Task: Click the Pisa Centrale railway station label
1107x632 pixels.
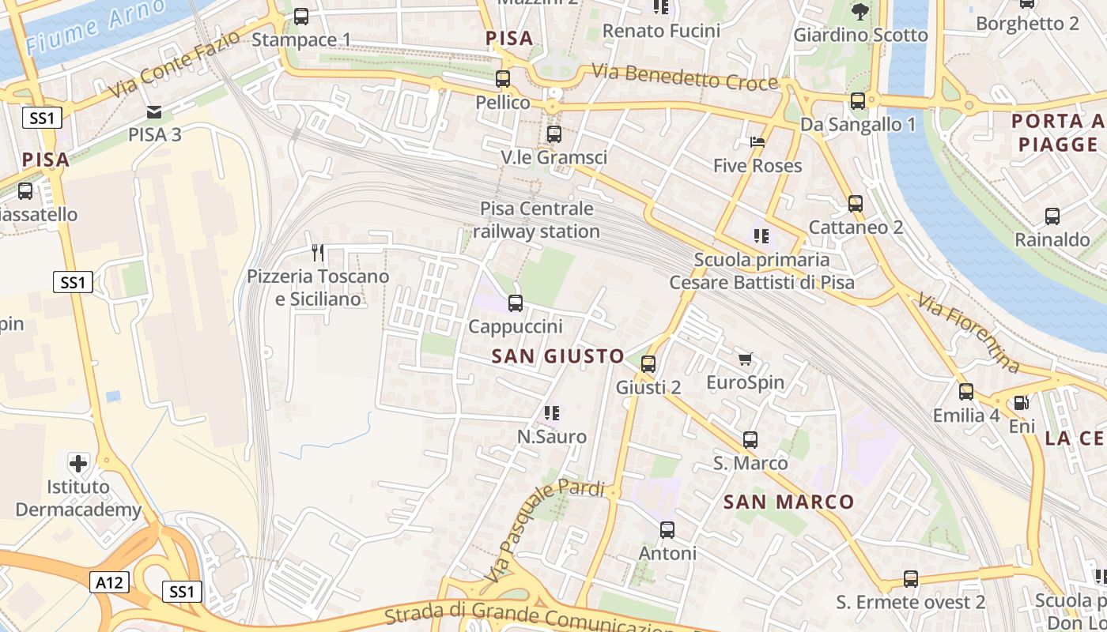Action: tap(537, 220)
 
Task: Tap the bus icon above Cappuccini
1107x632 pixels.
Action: tap(516, 303)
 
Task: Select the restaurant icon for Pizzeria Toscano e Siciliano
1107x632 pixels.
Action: tap(318, 253)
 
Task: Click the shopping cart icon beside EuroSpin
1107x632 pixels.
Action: tap(745, 359)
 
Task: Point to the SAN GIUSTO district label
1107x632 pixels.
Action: tap(558, 356)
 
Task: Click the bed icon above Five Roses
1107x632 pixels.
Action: tap(758, 143)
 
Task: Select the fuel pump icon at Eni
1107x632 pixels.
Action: tap(1021, 403)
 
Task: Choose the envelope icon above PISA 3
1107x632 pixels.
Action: tap(154, 111)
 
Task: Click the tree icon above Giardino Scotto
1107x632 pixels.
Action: tap(860, 12)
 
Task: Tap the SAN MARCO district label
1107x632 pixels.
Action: tap(788, 502)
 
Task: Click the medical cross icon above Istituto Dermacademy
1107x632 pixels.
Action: tap(78, 462)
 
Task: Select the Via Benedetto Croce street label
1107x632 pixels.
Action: tap(685, 77)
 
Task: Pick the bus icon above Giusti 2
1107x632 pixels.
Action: tap(648, 364)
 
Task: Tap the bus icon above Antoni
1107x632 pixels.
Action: tap(667, 530)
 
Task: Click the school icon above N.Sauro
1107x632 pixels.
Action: tap(552, 412)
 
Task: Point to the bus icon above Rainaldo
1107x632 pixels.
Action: tap(1052, 216)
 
